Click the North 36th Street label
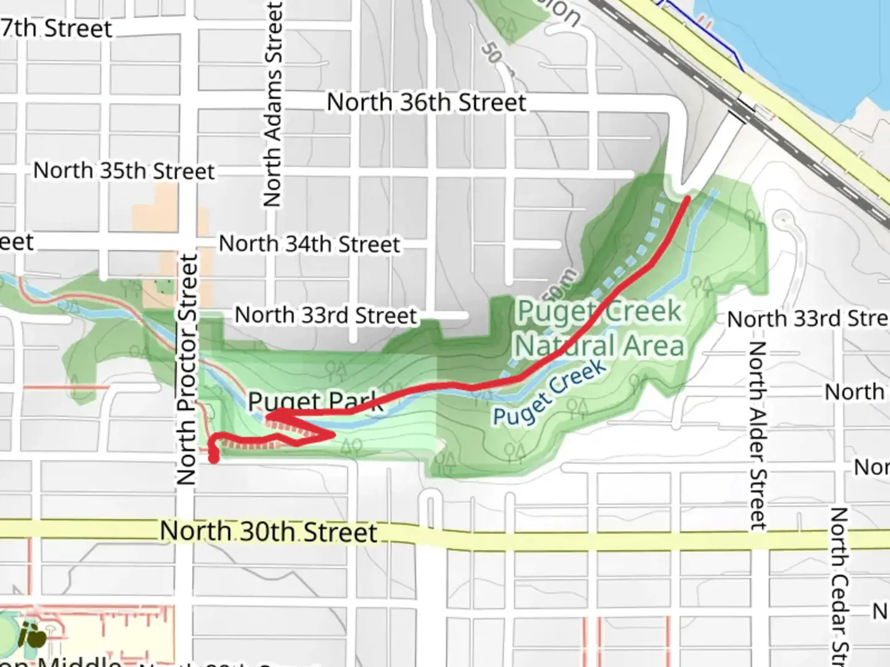coord(426,103)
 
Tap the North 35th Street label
coord(124,170)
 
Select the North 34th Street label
coord(309,244)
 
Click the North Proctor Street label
coord(187,369)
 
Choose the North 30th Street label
coord(268,532)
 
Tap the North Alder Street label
coord(758,435)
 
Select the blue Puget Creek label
coord(549,393)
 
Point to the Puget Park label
coord(315,402)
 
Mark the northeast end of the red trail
coord(687,198)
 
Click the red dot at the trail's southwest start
coord(213,458)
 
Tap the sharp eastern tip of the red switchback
coord(334,435)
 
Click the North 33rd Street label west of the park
coord(326,316)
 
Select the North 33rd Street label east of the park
coord(807,319)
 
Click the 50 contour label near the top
coord(492,54)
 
